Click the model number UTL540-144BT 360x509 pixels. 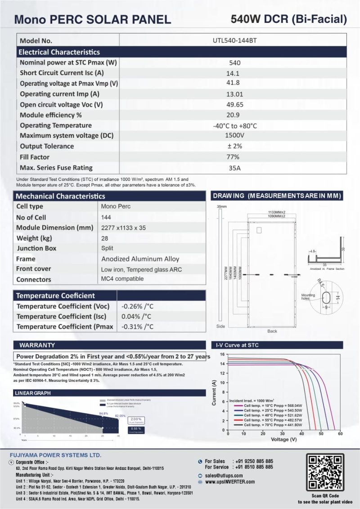[235, 40]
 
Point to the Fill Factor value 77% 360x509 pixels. [234, 157]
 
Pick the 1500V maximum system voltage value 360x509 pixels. [234, 135]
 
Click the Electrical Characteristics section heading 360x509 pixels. [59, 52]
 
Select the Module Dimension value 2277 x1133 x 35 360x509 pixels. [124, 228]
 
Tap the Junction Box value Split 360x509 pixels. [108, 248]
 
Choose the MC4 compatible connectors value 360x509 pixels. [122, 279]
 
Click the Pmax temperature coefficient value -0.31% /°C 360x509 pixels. [138, 326]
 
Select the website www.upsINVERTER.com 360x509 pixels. [229, 482]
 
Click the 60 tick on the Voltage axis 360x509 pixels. [340, 433]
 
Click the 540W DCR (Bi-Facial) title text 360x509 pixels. [289, 19]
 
